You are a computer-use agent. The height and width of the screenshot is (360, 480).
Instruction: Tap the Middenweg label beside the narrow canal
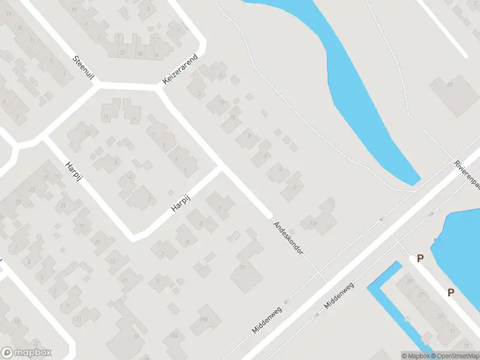click(x=339, y=295)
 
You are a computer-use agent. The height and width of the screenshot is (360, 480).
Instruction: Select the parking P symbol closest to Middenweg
click(x=421, y=259)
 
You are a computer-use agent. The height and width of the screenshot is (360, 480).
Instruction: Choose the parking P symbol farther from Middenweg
click(x=450, y=292)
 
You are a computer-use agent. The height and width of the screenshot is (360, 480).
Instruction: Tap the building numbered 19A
click(x=174, y=335)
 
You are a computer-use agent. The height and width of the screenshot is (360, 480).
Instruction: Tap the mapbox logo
click(x=26, y=352)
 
